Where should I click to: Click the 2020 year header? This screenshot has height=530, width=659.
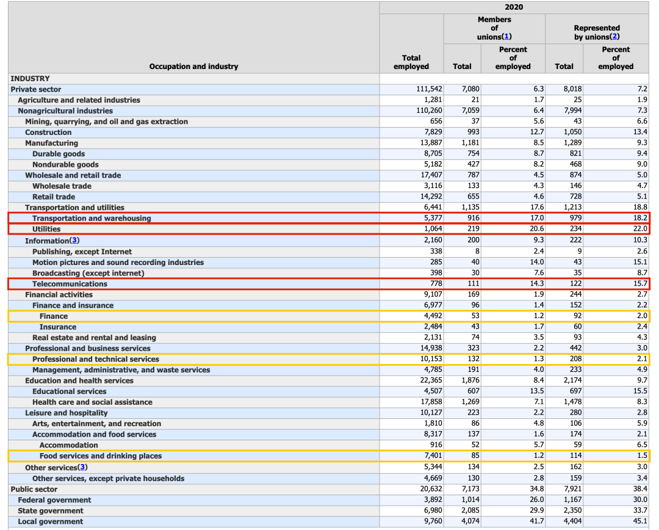(x=514, y=7)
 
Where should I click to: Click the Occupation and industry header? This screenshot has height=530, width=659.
(x=193, y=66)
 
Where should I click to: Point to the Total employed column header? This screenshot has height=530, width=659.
(x=411, y=62)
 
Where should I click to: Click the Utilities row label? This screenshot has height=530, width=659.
(x=46, y=229)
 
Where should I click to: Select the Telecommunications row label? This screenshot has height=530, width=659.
(x=70, y=284)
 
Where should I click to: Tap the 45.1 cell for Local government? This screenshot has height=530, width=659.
(x=639, y=521)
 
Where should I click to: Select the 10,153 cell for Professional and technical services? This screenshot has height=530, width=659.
(x=428, y=359)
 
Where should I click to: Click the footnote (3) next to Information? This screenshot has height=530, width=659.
(x=75, y=241)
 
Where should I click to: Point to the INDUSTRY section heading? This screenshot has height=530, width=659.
(x=30, y=79)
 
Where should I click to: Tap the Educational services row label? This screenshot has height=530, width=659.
(x=69, y=391)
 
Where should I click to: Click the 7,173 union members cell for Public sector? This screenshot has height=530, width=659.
(x=469, y=489)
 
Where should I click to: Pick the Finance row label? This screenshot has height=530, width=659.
(x=54, y=316)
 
